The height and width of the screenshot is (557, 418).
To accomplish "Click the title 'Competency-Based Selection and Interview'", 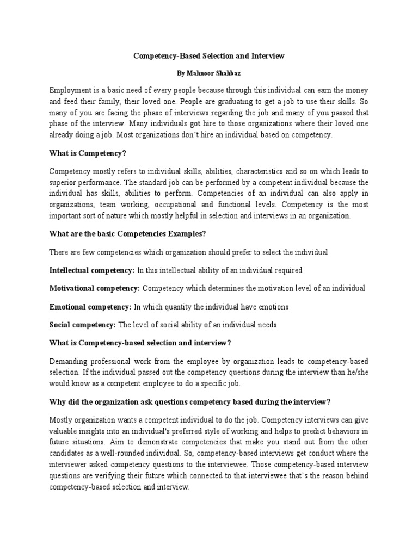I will [209, 56].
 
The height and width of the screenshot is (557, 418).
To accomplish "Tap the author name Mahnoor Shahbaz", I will [209, 72].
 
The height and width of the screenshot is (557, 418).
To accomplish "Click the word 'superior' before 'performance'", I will [63, 182].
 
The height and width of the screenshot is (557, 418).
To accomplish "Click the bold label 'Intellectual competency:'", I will [92, 270].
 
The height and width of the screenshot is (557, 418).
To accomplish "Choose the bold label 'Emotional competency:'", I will [90, 307].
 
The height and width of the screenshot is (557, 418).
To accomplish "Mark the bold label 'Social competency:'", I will [82, 325].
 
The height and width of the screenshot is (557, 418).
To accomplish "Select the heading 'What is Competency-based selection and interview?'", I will [140, 343].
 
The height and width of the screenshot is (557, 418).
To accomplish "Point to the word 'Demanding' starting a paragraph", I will [69, 361].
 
